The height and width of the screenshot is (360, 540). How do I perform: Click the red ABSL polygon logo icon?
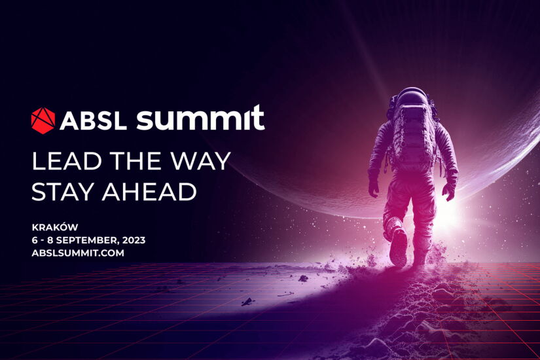tap(43, 120)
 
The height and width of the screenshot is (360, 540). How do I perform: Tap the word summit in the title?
tap(200, 118)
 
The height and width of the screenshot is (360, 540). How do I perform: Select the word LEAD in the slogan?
tap(62, 160)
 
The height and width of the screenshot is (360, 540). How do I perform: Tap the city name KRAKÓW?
tap(54, 227)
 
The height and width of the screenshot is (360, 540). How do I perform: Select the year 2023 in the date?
tap(133, 240)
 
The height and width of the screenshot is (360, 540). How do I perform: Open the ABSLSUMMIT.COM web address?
tap(78, 252)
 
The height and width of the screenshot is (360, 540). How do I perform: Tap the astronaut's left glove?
tap(374, 189)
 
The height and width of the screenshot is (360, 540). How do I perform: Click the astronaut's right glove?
tap(449, 191)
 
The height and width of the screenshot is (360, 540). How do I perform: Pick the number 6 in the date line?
tap(35, 240)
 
